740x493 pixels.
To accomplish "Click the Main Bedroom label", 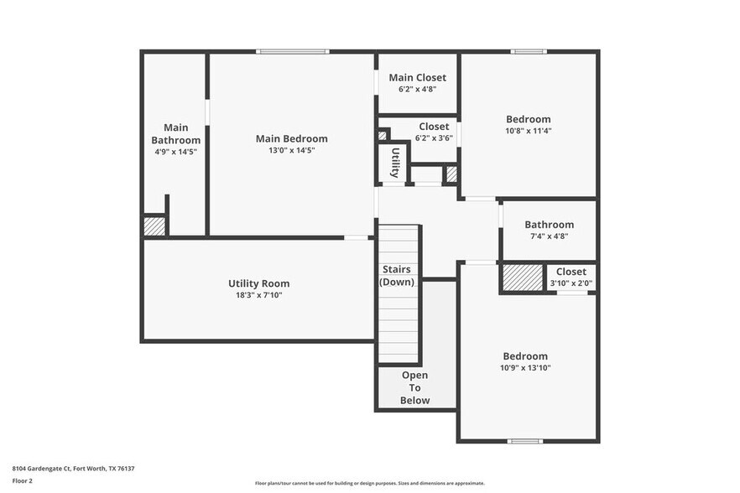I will click(291, 138).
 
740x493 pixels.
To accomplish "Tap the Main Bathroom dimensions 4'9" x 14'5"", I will click(175, 152).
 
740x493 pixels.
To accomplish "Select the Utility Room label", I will click(258, 283).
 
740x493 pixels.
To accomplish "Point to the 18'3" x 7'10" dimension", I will click(258, 295).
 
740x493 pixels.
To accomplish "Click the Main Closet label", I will click(417, 77).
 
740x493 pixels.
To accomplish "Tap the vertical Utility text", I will click(394, 163).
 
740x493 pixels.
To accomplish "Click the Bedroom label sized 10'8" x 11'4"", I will click(528, 119).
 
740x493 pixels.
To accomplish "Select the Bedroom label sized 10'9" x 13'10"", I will click(525, 355).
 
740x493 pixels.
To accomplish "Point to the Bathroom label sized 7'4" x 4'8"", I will click(549, 225).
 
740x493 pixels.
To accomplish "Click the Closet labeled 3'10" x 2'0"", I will click(571, 272).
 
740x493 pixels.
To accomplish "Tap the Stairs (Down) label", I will click(397, 276).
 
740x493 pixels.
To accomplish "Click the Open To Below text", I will click(414, 388).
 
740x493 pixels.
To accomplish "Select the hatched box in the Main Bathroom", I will click(154, 226).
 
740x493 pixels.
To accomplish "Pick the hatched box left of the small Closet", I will click(523, 278).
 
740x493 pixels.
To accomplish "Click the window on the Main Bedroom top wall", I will click(293, 52).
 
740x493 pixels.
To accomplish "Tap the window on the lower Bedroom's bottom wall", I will click(525, 441).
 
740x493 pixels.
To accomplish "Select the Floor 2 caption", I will click(22, 481).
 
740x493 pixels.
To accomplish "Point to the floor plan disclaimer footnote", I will click(369, 483).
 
